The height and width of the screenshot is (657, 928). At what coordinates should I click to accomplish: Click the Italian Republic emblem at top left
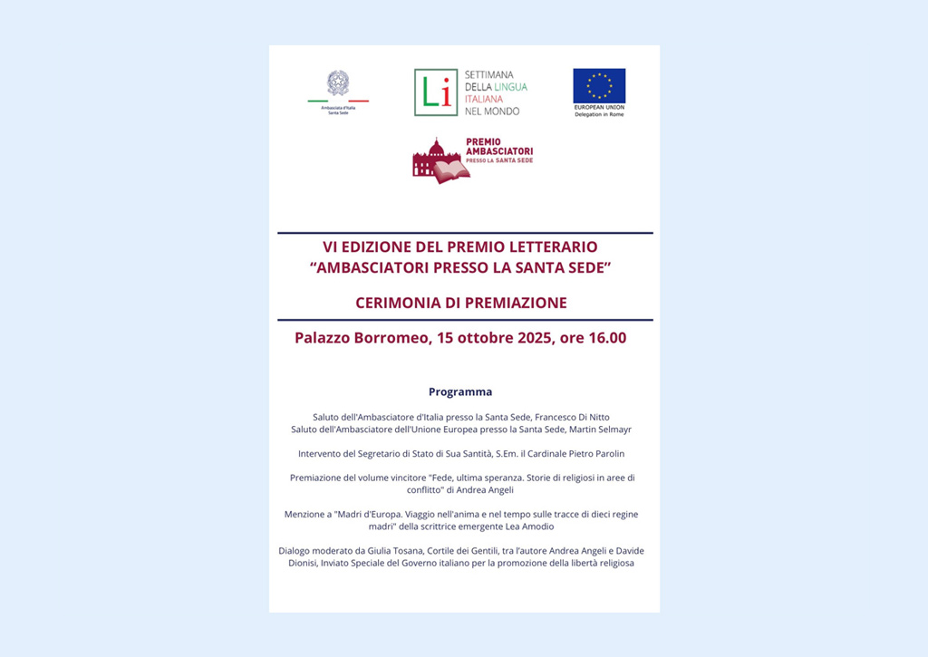click(337, 83)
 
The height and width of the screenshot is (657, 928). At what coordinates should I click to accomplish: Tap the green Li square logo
click(436, 92)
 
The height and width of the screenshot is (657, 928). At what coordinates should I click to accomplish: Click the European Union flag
click(599, 86)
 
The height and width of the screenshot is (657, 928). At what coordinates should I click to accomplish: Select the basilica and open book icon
click(439, 160)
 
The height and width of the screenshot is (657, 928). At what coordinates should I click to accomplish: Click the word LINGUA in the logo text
click(510, 87)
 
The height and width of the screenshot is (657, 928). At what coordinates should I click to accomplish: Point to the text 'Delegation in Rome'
click(599, 115)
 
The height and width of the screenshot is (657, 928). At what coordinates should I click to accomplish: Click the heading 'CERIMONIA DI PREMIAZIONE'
click(461, 303)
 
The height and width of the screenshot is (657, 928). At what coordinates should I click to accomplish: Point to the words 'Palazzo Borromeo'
click(351, 338)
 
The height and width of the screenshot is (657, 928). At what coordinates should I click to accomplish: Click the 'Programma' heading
click(460, 392)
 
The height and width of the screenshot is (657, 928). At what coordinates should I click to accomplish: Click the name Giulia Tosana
click(387, 551)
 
